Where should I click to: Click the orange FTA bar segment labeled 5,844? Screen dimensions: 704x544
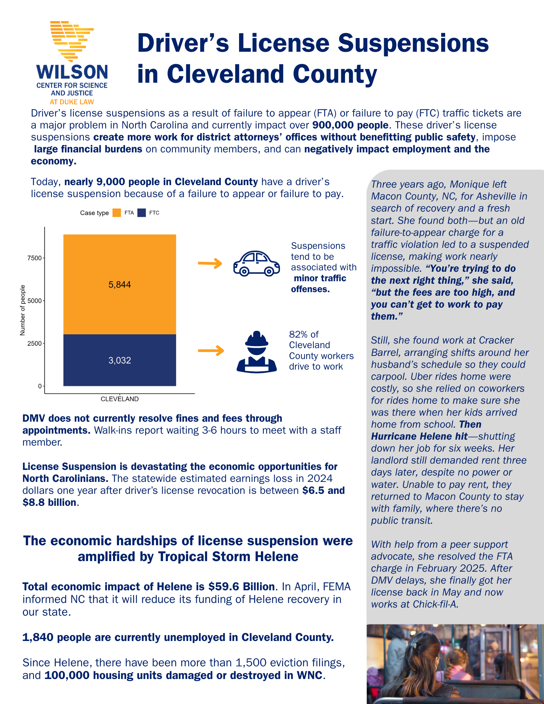pos(120,284)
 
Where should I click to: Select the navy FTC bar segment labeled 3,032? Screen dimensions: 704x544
pos(120,360)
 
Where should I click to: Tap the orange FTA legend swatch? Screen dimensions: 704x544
pos(117,213)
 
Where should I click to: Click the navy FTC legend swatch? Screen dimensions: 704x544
pos(142,213)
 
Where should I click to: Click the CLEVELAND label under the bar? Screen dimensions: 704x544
pos(120,399)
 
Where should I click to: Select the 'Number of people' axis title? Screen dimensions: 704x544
pos(23,310)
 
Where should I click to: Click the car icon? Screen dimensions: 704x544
pos(256,263)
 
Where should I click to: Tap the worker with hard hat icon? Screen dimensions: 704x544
pos(256,352)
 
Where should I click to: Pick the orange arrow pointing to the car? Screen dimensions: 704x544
pos(210,263)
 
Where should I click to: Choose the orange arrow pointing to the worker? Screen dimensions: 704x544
pos(211,351)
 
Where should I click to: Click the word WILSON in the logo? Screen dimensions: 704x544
pos(72,72)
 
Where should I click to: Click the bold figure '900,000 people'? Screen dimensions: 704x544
pos(350,125)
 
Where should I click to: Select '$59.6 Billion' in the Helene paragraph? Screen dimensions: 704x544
pos(241,587)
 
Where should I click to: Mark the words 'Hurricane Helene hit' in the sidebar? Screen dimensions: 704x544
pos(419,436)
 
